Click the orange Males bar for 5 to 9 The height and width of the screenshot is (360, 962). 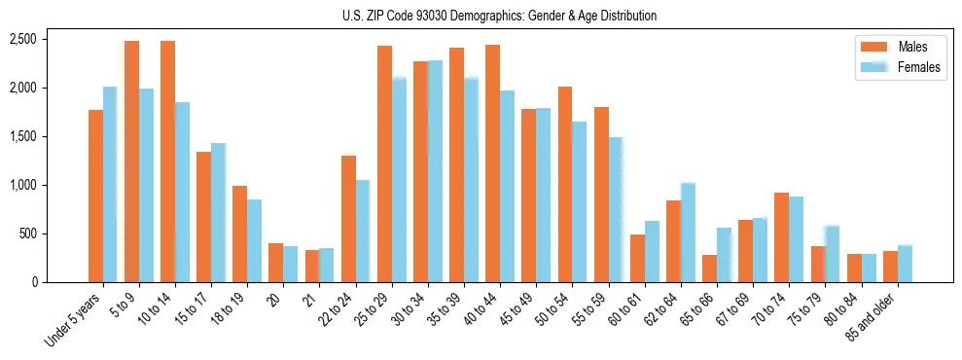[x=131, y=162]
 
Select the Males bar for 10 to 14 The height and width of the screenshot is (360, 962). [x=167, y=162]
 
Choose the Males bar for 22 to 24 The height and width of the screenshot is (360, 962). [x=348, y=219]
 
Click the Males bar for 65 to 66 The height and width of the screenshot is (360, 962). [x=709, y=269]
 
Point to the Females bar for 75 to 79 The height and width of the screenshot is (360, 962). [x=832, y=254]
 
